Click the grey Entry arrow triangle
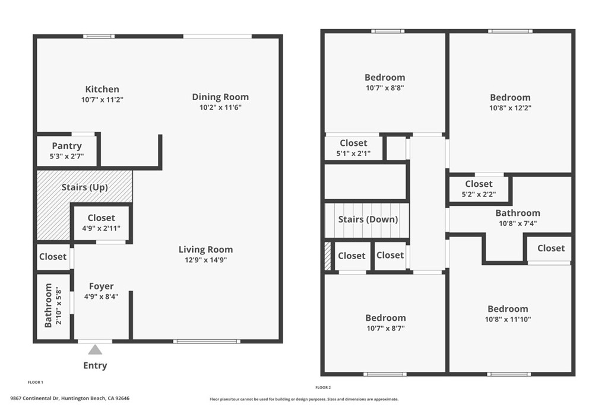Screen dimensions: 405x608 [x=95, y=350]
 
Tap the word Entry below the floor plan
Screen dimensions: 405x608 [x=95, y=365]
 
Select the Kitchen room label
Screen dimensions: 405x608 [x=102, y=89]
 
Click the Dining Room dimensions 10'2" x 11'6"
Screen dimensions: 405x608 [x=220, y=107]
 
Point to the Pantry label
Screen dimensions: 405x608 [x=66, y=146]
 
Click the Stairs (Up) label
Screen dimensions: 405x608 [x=85, y=187]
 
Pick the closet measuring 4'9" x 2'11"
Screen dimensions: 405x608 [x=101, y=222]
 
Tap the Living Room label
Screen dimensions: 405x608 [x=206, y=249]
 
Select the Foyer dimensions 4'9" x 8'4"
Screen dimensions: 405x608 [x=102, y=296]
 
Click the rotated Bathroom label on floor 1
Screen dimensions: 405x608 [x=49, y=305]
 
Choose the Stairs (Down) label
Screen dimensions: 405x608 [x=368, y=219]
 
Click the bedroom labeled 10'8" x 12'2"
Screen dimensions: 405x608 [x=510, y=102]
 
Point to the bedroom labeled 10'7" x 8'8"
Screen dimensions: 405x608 [x=385, y=82]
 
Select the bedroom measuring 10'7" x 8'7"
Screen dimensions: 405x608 [x=385, y=323]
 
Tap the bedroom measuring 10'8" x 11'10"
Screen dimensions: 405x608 [x=508, y=314]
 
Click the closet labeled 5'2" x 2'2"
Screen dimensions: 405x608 [x=479, y=189]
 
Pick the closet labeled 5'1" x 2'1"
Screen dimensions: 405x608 [x=353, y=148]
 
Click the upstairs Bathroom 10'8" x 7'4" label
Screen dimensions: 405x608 [x=518, y=218]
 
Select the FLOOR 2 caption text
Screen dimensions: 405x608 [x=323, y=387]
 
